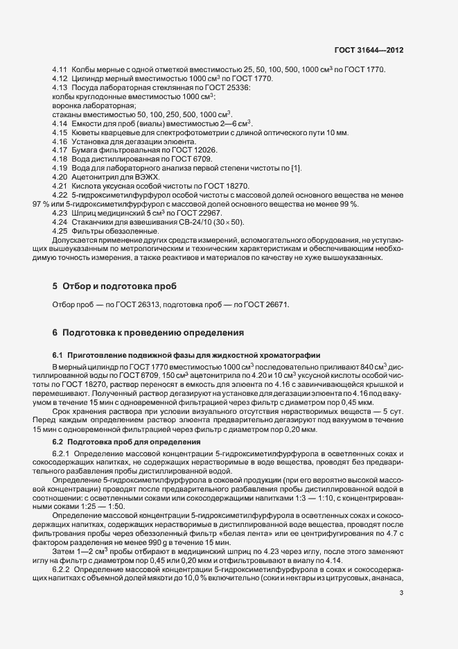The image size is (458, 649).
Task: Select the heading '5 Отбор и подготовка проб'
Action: (x=114, y=286)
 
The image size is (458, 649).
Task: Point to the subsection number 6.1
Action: (x=58, y=355)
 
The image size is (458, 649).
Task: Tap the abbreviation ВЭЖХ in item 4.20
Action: (x=147, y=177)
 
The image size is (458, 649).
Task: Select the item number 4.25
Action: (x=59, y=231)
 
